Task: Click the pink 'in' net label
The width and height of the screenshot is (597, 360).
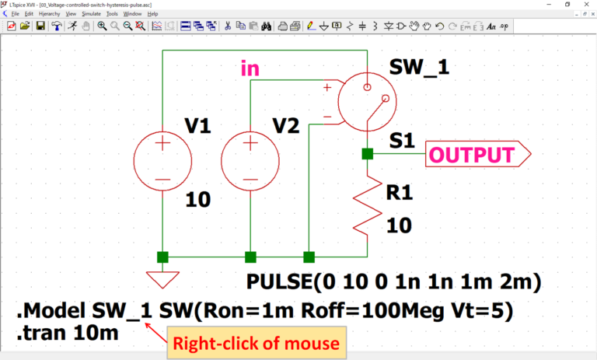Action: tap(250, 69)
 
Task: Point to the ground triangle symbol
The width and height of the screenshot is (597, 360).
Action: tap(162, 278)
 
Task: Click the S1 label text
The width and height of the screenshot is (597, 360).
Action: tap(403, 141)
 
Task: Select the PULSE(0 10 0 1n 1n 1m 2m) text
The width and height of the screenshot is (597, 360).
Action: tap(393, 280)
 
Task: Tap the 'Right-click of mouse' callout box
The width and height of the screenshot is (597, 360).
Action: tap(256, 343)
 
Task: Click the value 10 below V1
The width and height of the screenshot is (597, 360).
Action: tap(198, 200)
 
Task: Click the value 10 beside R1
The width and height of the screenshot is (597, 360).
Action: tap(400, 225)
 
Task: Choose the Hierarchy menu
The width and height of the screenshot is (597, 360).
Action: tap(47, 13)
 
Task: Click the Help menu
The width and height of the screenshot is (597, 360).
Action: tap(152, 13)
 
